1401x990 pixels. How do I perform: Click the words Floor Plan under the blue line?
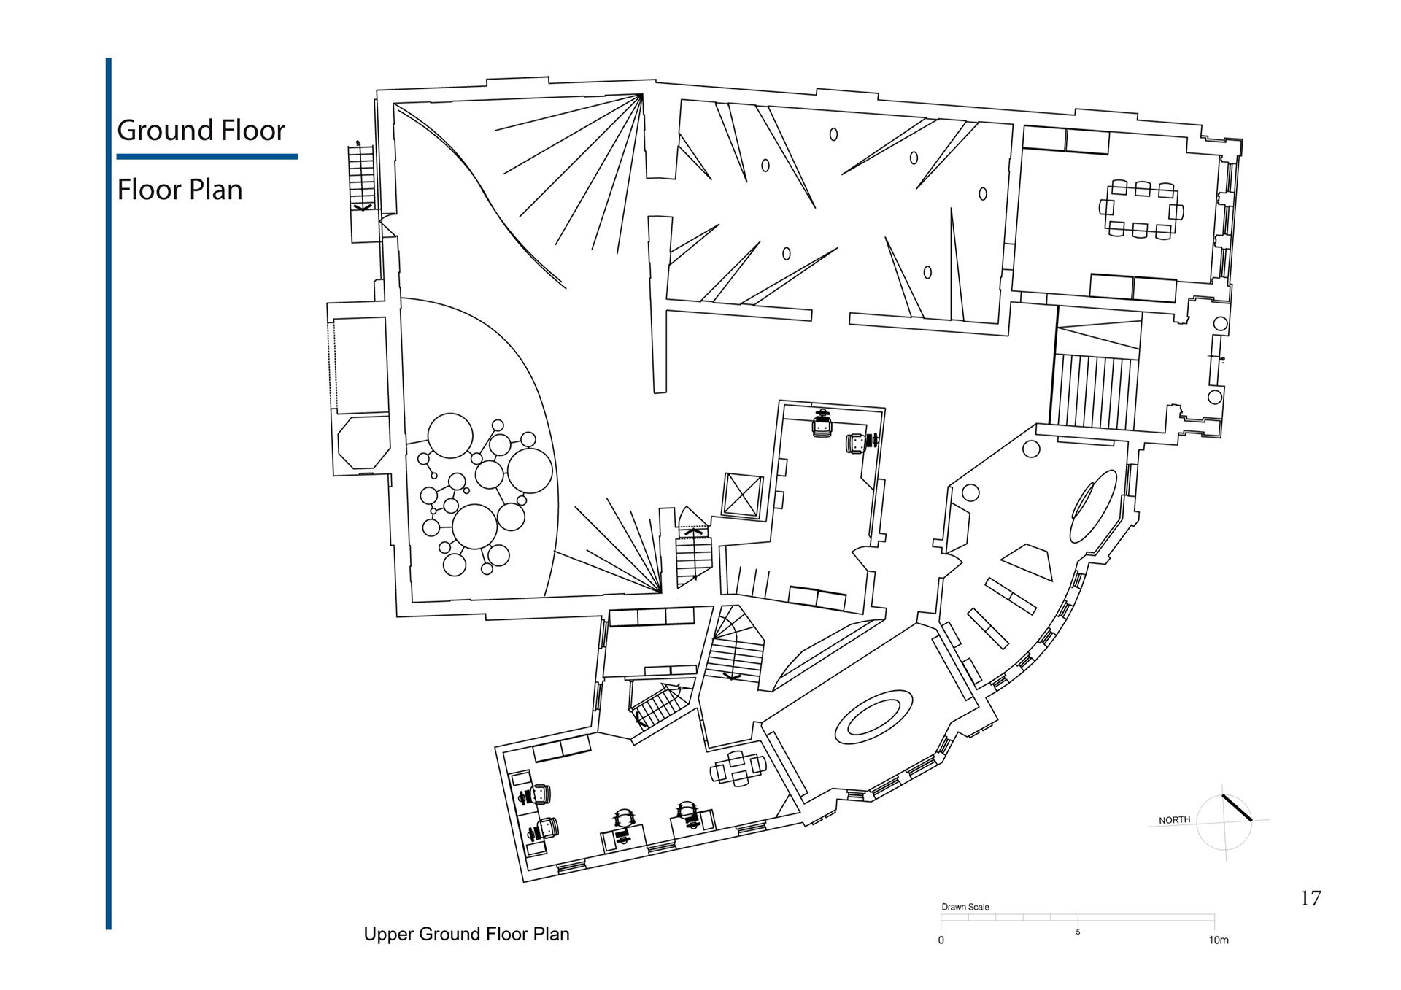point(180,190)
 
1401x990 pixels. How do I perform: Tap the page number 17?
point(1311,898)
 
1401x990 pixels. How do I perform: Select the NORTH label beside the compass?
point(1174,820)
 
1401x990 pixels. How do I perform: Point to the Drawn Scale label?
point(965,907)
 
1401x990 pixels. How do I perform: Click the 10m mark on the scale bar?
point(1218,940)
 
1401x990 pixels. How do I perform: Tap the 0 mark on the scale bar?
point(941,940)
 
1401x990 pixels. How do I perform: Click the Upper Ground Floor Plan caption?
point(466,934)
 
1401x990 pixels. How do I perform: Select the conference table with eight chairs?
point(1141,210)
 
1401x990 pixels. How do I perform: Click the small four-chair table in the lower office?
point(738,768)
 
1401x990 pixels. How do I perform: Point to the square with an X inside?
point(743,495)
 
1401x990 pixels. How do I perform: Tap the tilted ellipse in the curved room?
point(1093,506)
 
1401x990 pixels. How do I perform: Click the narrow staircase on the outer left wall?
point(361,178)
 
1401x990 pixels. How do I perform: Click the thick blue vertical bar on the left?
point(109,493)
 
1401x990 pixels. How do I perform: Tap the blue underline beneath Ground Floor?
point(207,156)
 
